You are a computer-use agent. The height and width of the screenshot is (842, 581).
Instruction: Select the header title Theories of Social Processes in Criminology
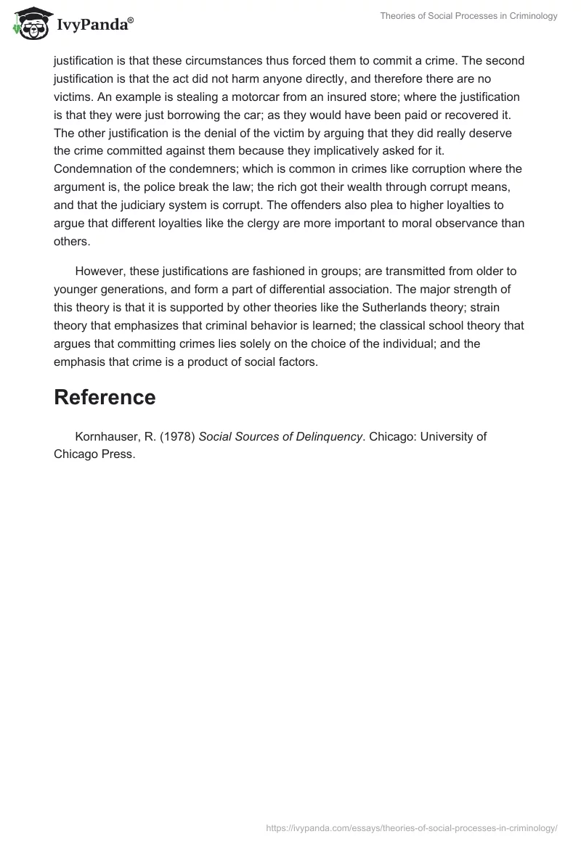(469, 15)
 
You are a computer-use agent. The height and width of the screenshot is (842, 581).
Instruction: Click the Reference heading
(105, 397)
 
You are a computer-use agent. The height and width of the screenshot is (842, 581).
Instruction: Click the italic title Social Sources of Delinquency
(280, 436)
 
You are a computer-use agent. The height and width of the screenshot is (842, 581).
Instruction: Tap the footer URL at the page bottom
(412, 827)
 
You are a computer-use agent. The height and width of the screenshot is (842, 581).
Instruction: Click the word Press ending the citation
(118, 454)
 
